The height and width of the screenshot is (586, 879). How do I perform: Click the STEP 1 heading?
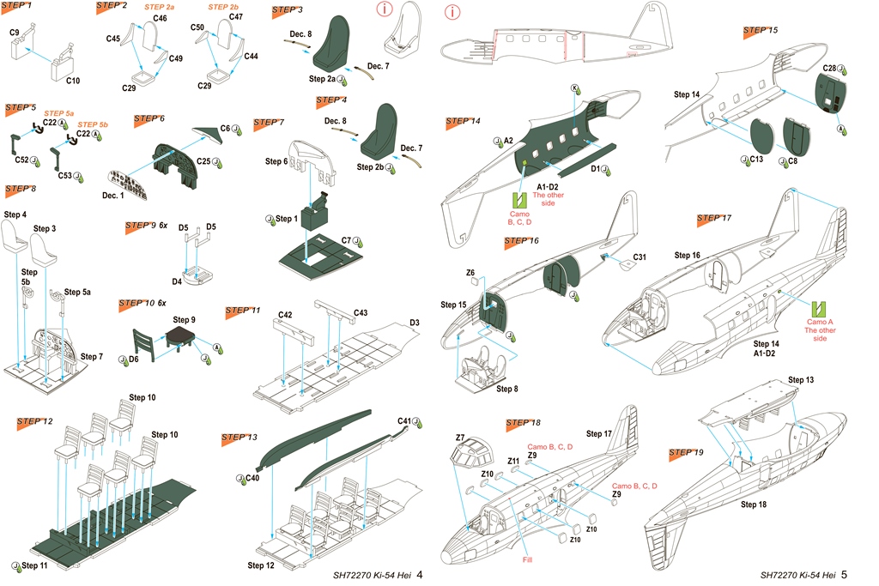(19, 6)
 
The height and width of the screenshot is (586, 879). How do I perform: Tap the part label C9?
(15, 33)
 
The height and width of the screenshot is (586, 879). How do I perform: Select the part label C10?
(72, 81)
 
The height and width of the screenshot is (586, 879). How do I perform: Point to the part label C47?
(236, 17)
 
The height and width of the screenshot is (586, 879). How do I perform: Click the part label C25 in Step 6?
(203, 160)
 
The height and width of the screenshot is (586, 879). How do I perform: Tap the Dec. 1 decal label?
(114, 196)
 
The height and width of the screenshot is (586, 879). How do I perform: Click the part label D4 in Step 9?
(177, 281)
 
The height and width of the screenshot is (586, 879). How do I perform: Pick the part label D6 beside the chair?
(134, 359)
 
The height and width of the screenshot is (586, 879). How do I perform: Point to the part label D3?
(414, 323)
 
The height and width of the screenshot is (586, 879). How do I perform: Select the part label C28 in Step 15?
(829, 68)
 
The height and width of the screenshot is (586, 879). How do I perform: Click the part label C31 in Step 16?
(640, 257)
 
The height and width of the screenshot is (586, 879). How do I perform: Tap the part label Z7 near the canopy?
(460, 438)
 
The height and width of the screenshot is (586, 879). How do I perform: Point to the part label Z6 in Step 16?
(470, 273)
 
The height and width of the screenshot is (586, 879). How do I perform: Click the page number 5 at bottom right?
(845, 574)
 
